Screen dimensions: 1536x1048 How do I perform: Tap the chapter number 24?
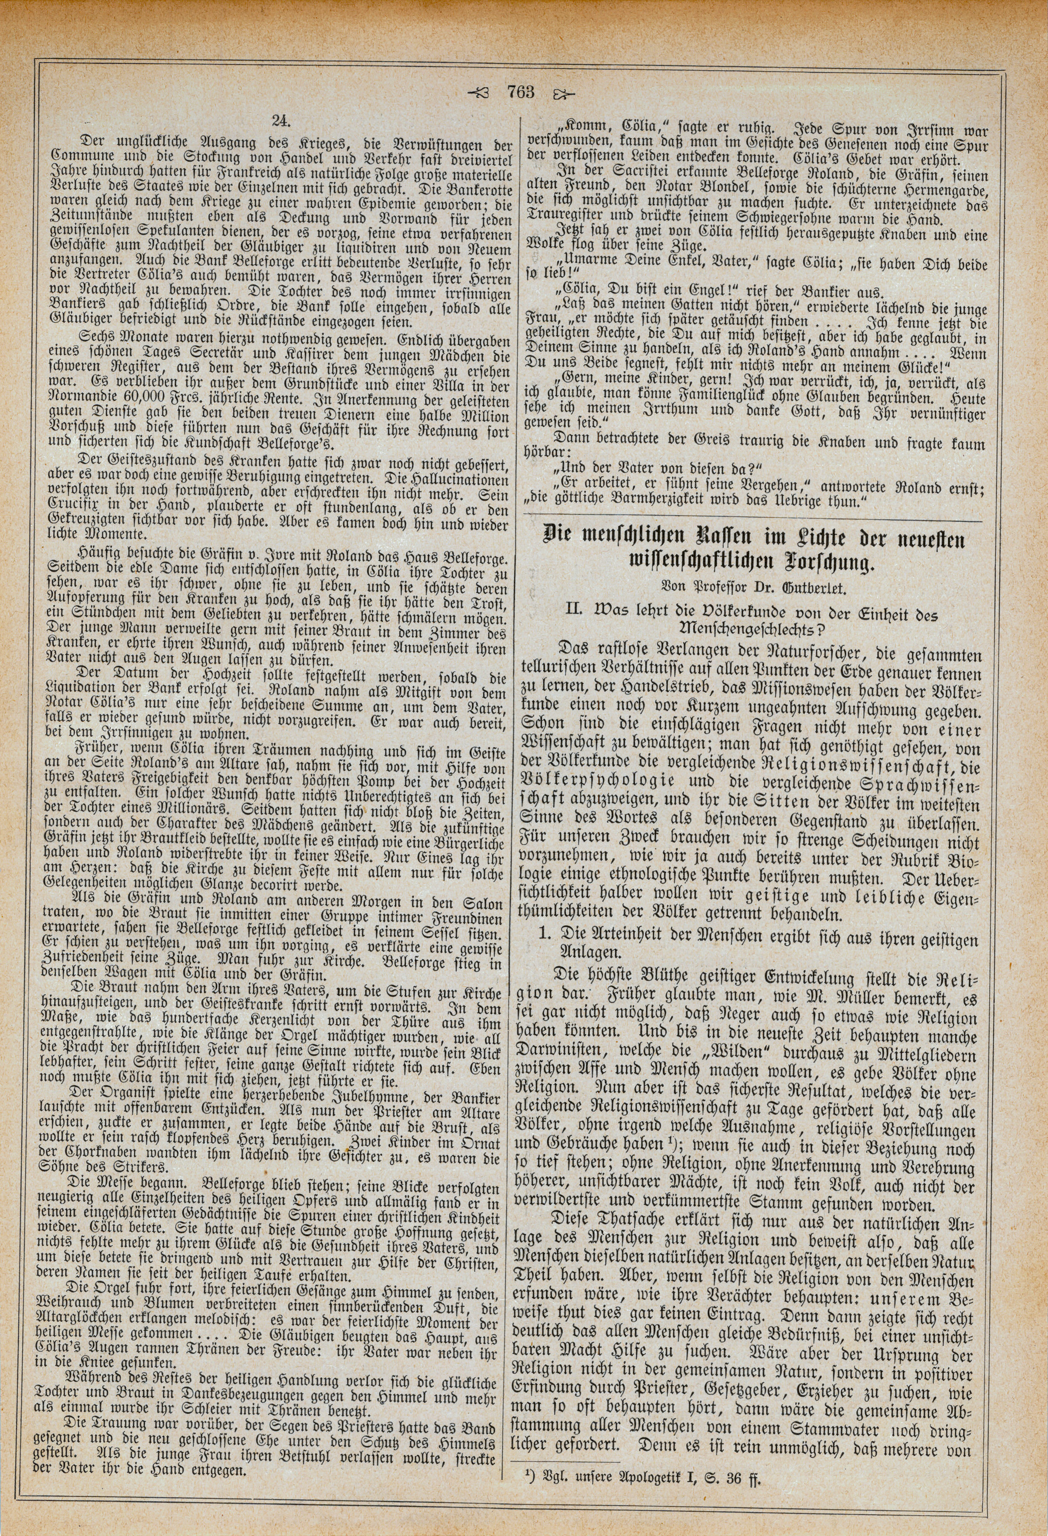click(x=278, y=120)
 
